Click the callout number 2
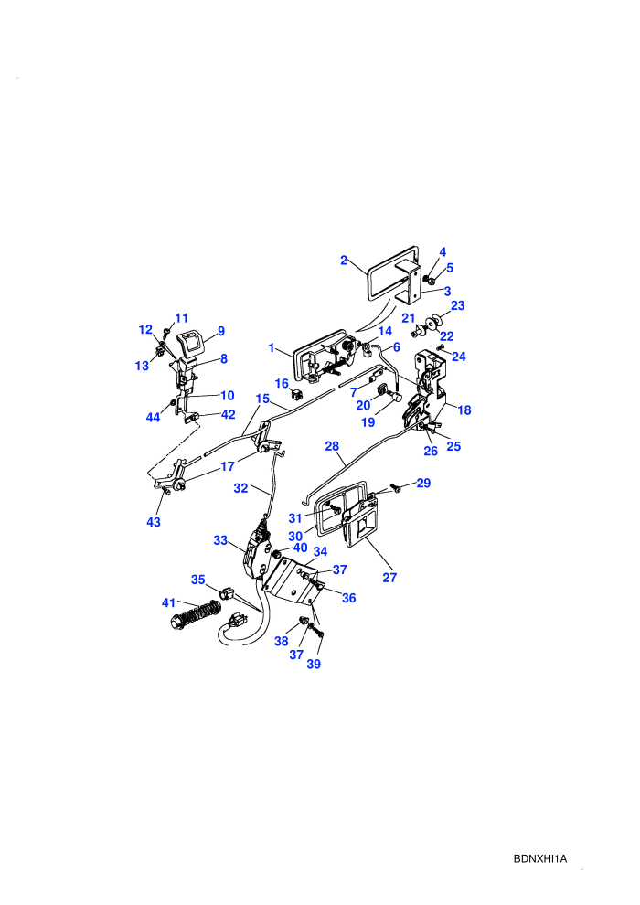344,261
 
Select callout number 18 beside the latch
464,410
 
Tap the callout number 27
389,577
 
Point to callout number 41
168,602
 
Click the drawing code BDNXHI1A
540,858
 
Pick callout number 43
154,522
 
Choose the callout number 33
220,540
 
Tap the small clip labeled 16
298,395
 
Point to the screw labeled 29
397,489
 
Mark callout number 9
221,331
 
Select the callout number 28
332,446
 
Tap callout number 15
262,399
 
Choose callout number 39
314,664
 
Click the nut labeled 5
431,281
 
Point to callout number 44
153,417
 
